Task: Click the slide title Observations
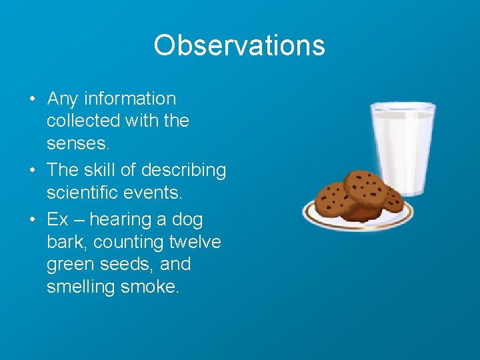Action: click(239, 45)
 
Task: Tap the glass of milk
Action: click(403, 147)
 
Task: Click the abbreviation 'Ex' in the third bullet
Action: click(57, 219)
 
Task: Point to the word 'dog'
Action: click(187, 219)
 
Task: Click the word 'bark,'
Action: click(65, 241)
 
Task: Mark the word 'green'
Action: click(71, 265)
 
